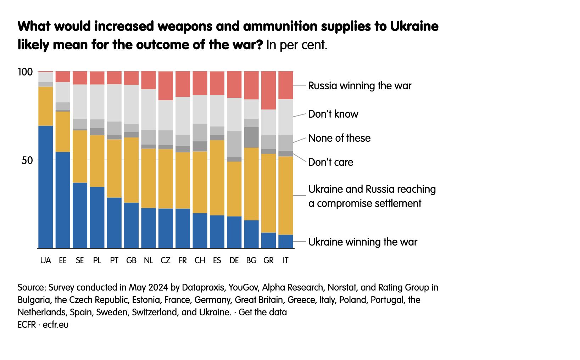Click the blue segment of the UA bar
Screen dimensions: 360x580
click(x=46, y=187)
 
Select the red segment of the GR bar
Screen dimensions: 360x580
click(x=269, y=90)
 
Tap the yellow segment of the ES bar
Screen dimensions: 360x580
click(x=217, y=178)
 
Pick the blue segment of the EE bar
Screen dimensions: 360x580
click(x=63, y=200)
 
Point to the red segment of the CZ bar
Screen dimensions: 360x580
click(x=166, y=86)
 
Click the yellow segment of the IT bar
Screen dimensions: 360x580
click(x=286, y=195)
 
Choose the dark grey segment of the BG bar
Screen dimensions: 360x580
click(x=251, y=137)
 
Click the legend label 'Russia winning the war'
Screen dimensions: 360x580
click(x=359, y=86)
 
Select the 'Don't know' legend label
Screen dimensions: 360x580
click(x=333, y=114)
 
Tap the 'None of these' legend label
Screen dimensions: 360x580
click(x=339, y=138)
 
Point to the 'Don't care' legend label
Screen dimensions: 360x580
click(x=330, y=162)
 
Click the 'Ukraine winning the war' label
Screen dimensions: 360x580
click(x=362, y=242)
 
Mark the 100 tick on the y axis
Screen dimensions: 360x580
click(x=25, y=72)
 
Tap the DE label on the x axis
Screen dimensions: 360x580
click(x=234, y=260)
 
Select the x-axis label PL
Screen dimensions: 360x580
click(x=97, y=260)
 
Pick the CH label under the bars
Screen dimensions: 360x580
click(x=200, y=260)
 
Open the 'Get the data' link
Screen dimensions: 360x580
click(x=263, y=312)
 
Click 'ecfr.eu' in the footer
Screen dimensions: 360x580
click(x=56, y=325)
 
